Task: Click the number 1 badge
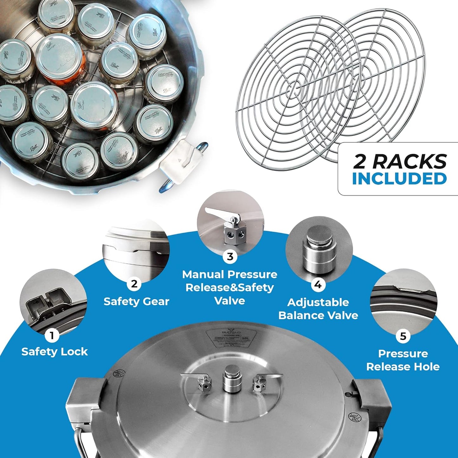[x=52, y=335]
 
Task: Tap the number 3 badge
[x=230, y=256]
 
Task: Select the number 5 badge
[x=403, y=336]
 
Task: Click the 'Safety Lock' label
[x=55, y=352]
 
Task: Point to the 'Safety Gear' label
[x=136, y=301]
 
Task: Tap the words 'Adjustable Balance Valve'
[x=318, y=309]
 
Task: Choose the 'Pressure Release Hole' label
[x=403, y=360]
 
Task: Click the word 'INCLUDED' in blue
[x=399, y=179]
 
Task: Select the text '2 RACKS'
[x=400, y=161]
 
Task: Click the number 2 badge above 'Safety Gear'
[x=134, y=284]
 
